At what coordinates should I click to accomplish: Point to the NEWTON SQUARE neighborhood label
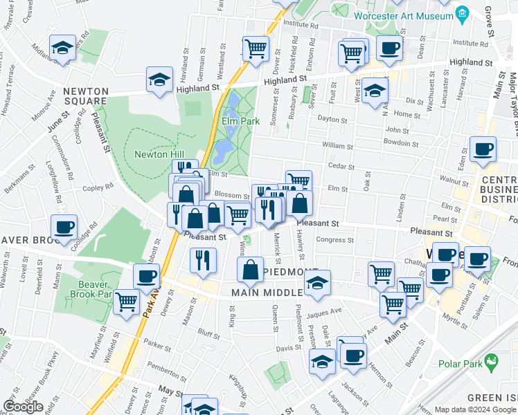86,96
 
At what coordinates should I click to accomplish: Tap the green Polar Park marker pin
491,360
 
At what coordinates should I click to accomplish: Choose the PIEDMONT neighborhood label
290,271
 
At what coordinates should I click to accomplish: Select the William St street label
338,146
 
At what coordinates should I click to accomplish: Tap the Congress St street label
334,240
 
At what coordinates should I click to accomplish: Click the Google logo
23,407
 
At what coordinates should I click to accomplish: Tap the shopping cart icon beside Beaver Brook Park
126,302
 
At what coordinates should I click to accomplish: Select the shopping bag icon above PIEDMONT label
249,270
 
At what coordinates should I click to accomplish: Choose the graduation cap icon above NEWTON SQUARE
63,48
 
